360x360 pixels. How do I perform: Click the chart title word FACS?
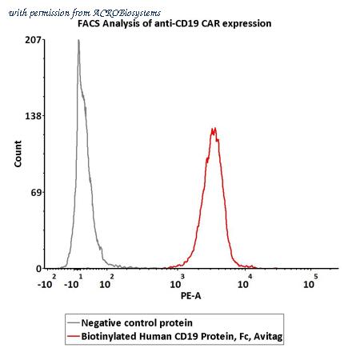[89, 23]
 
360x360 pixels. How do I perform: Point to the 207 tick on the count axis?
[34, 40]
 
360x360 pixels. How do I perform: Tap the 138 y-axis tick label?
[34, 116]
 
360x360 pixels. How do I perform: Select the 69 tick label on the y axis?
[36, 192]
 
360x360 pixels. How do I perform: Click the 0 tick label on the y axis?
[39, 269]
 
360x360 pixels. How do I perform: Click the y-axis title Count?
[18, 154]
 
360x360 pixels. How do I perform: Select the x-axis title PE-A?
[190, 296]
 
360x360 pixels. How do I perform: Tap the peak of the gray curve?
[78, 40]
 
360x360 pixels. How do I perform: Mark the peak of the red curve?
[214, 129]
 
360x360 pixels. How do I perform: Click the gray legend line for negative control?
[74, 323]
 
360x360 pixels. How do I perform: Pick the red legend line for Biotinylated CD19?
[74, 336]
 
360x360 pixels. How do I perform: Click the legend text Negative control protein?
[137, 323]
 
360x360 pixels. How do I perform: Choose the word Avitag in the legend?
[268, 337]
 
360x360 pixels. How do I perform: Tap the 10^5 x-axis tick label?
[310, 282]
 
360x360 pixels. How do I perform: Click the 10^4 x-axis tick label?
[245, 282]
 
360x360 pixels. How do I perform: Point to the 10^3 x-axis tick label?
[177, 282]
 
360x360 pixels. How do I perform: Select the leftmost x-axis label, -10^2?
[47, 282]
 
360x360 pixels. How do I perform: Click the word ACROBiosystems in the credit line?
[127, 13]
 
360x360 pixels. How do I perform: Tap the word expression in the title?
[247, 24]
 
